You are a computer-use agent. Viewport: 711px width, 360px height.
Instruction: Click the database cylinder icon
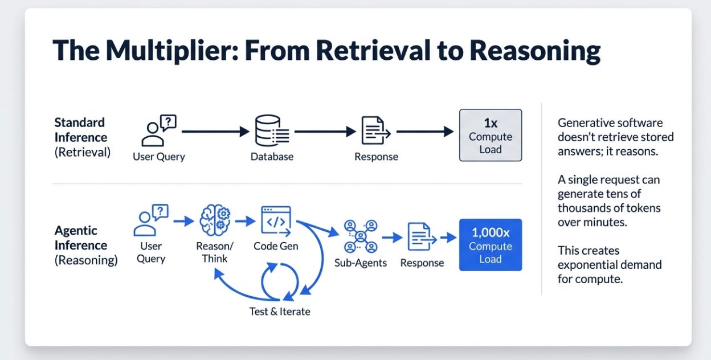(x=272, y=130)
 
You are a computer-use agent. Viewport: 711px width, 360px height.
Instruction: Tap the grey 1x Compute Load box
(x=491, y=135)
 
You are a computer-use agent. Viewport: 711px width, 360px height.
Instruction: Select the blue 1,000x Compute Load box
(x=491, y=245)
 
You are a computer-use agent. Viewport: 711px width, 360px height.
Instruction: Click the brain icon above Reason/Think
(x=215, y=220)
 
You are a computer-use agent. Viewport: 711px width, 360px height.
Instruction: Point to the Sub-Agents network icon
(x=361, y=236)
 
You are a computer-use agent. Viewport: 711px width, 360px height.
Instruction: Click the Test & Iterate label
(x=280, y=312)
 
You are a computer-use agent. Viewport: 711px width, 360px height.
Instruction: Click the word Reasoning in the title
(x=535, y=51)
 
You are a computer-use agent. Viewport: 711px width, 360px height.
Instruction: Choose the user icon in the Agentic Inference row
(x=151, y=220)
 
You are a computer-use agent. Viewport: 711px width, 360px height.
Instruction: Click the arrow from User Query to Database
(x=215, y=132)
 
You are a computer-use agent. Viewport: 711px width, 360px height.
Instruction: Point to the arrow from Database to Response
(x=325, y=132)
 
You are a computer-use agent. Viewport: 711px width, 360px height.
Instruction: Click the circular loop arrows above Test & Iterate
(x=280, y=281)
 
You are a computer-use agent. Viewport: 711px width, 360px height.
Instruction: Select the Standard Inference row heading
(x=83, y=137)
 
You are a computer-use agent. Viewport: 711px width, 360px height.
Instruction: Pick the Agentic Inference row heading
(x=85, y=245)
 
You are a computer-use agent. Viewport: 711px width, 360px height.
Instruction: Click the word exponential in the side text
(x=610, y=265)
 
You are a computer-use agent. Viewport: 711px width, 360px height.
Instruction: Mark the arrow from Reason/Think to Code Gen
(x=246, y=221)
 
